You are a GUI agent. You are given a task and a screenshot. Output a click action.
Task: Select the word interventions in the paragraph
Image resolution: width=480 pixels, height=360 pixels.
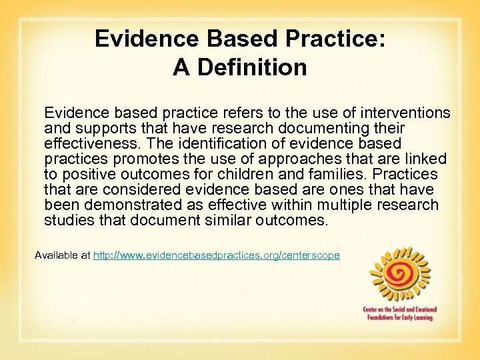[403, 113]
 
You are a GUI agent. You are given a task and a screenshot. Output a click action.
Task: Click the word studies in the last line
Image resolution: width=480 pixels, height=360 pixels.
[66, 220]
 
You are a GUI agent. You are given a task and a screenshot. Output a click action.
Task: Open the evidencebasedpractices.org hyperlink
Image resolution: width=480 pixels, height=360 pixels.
[216, 255]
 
